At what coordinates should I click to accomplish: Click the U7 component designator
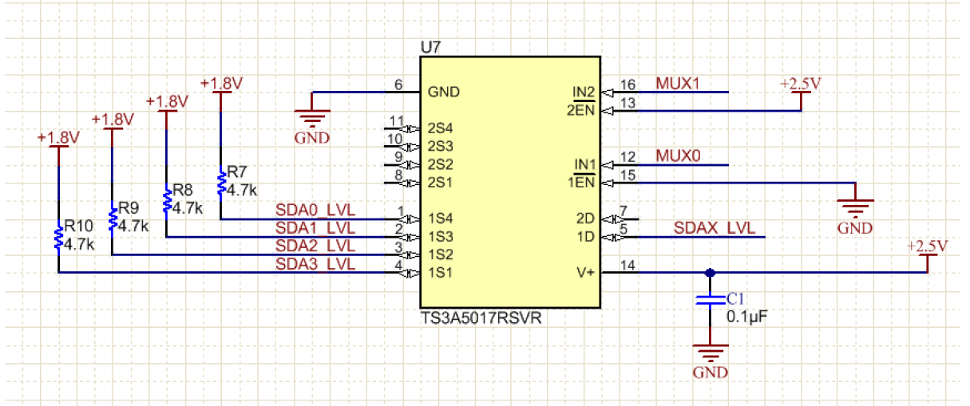coord(430,47)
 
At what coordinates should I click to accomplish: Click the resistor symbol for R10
coord(58,236)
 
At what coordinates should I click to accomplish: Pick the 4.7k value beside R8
coord(188,207)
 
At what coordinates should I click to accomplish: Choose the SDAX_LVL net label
coord(714,228)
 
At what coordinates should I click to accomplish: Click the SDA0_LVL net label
coord(315,211)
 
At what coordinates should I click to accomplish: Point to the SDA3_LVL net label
coord(315,264)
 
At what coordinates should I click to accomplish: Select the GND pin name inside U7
coord(443,92)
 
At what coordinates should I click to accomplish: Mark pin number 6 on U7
coord(398,85)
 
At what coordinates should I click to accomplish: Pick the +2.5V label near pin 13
coord(801,84)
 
